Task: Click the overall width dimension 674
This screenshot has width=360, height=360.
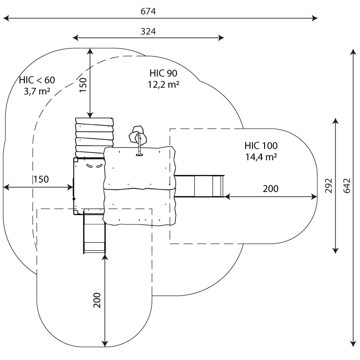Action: click(148, 11)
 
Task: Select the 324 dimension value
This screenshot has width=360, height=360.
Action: click(148, 31)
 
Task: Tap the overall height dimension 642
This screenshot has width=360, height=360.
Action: click(346, 185)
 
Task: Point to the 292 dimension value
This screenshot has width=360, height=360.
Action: click(329, 185)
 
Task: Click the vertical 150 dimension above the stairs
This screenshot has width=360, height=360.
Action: click(83, 84)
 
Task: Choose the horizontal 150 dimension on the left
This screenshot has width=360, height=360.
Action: click(40, 179)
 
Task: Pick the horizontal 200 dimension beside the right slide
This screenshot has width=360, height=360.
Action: click(270, 189)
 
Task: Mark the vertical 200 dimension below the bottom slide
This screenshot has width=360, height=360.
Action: click(97, 300)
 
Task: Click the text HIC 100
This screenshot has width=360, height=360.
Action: click(261, 146)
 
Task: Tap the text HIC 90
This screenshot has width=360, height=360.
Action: click(163, 73)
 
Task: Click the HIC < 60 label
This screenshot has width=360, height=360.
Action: click(37, 80)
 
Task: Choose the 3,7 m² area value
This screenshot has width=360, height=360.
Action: click(37, 91)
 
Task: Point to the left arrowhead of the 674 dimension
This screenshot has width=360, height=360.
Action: click(5, 18)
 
